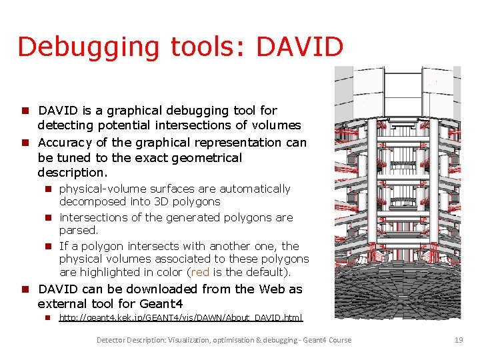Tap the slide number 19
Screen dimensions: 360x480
(x=458, y=340)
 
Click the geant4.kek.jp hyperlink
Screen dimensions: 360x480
(x=181, y=318)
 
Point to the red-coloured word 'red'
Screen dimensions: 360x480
(x=199, y=272)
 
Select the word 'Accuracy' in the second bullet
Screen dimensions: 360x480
(x=66, y=142)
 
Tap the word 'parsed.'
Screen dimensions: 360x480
(x=79, y=230)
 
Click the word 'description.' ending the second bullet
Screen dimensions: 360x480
(x=73, y=173)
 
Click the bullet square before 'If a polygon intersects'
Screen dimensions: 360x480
(x=49, y=247)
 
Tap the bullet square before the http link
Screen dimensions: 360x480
(x=49, y=318)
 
